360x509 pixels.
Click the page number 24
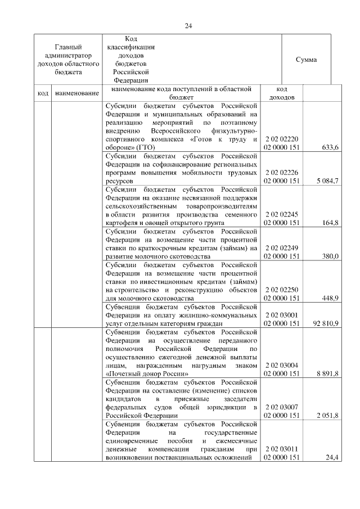coord(189,25)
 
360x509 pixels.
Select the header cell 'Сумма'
coord(306,60)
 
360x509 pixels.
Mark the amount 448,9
coord(328,298)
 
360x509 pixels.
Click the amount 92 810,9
coord(324,324)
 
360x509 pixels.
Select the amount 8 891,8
coord(327,374)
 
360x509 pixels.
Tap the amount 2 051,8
coord(327,416)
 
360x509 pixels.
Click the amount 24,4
coord(332,458)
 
